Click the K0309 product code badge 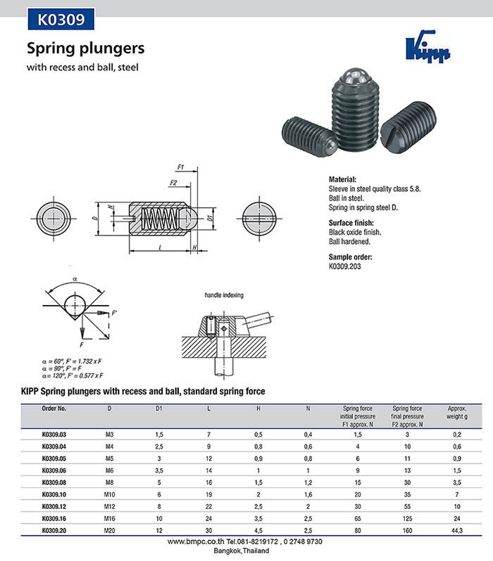60,20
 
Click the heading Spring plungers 85,49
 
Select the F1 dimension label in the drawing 180,168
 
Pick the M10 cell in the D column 109,494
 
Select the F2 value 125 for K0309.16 407,517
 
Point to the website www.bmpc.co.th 196,542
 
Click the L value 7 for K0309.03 209,434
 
